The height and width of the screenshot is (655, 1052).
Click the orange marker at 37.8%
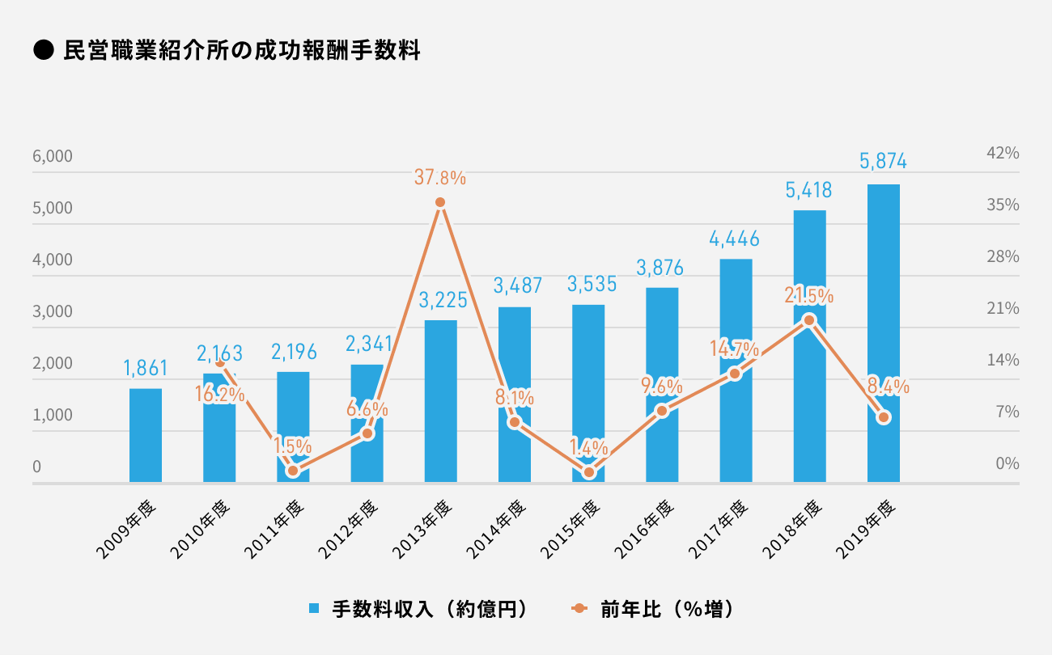(x=440, y=203)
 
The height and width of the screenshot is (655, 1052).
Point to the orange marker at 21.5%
(x=809, y=321)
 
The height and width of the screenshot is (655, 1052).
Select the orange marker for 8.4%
(x=884, y=417)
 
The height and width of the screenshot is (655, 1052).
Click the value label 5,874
(x=883, y=162)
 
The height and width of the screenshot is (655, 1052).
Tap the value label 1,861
(x=146, y=369)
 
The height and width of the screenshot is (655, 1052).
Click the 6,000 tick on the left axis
(x=53, y=156)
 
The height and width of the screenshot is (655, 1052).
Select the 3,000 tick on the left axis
(x=53, y=311)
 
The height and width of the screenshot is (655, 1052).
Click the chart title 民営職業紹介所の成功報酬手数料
(x=241, y=51)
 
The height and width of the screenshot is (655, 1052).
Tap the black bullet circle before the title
(x=42, y=52)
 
